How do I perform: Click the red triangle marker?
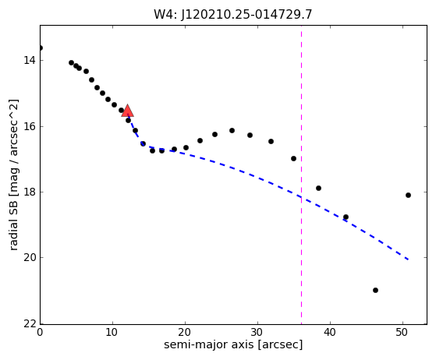(x=127, y=111)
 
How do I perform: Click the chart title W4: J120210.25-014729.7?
(x=233, y=15)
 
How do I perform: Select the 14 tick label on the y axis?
(x=29, y=60)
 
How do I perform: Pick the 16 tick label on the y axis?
(x=29, y=126)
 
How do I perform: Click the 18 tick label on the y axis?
(x=29, y=192)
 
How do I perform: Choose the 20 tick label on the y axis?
(x=29, y=257)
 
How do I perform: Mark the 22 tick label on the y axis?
(x=29, y=323)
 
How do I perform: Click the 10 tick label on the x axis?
(x=112, y=332)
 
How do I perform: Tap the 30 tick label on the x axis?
(x=257, y=332)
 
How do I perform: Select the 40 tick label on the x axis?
(x=331, y=332)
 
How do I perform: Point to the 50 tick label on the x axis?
(x=403, y=332)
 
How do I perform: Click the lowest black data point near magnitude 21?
(x=375, y=291)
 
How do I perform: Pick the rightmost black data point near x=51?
(x=408, y=196)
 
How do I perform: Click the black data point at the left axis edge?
(x=41, y=48)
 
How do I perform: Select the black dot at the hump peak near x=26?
(x=232, y=131)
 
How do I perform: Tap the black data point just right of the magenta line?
(x=319, y=189)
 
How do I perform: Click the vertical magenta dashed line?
(x=301, y=175)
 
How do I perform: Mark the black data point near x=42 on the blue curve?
(x=346, y=217)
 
